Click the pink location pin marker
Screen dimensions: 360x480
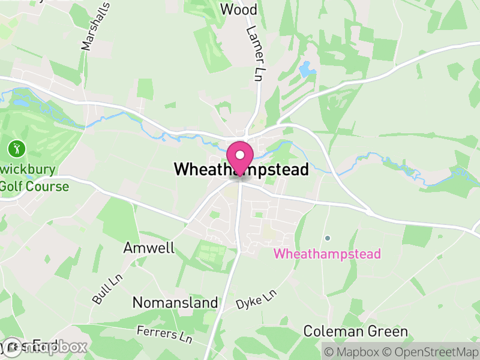(240, 157)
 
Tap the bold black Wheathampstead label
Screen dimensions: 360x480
(241, 170)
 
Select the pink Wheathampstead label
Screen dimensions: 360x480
(327, 254)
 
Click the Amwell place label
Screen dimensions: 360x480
(149, 248)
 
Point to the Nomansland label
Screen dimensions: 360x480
(175, 302)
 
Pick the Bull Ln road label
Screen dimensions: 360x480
(103, 290)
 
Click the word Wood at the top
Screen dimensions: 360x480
(239, 10)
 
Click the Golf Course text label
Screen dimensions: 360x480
(34, 186)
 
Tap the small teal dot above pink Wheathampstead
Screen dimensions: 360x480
(328, 238)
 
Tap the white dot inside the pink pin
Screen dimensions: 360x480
(240, 154)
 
